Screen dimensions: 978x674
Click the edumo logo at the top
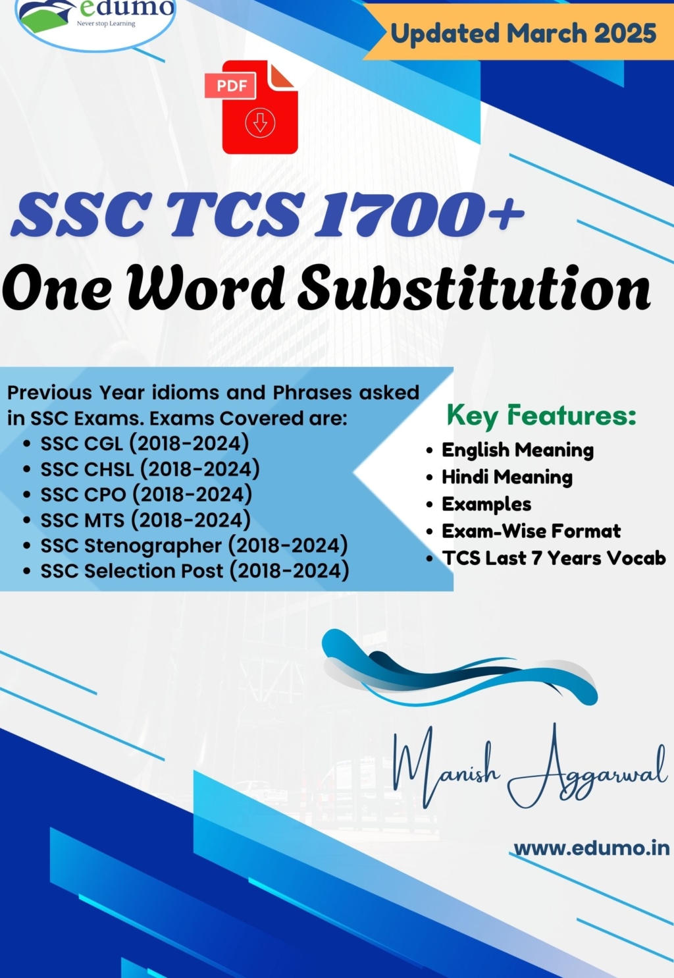95,16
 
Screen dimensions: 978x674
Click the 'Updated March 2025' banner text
523,33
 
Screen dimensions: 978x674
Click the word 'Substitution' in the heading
474,288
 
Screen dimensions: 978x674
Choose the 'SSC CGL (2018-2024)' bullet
145,443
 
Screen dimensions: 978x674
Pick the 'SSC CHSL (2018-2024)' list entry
150,469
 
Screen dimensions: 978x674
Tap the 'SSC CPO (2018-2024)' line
146,495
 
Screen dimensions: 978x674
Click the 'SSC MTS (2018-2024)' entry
145,520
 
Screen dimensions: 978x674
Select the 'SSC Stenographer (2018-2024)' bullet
194,545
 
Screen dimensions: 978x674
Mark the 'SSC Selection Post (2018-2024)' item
195,571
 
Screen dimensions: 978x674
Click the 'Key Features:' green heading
541,416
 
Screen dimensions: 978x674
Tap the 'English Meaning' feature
517,450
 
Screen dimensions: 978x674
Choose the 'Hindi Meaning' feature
507,477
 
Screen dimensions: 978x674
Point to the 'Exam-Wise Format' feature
531,531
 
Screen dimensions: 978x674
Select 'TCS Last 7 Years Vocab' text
554,558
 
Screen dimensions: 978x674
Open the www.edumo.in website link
591,848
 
